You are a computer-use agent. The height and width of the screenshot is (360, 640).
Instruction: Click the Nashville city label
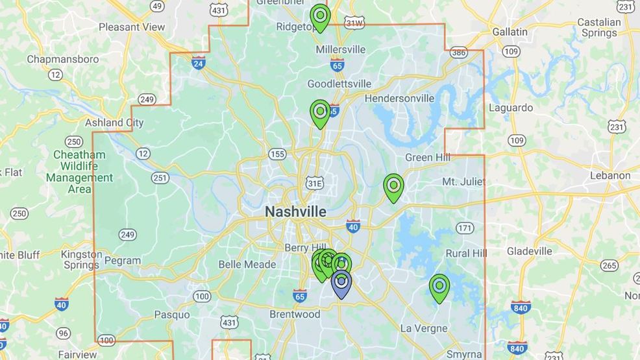(295, 211)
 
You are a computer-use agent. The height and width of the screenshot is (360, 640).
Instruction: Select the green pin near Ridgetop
(320, 17)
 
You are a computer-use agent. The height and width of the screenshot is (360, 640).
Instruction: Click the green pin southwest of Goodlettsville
(320, 113)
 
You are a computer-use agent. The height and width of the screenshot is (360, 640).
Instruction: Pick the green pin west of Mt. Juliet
(393, 187)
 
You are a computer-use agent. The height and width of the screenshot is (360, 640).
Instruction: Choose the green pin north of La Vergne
(439, 287)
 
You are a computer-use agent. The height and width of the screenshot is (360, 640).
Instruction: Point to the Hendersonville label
(399, 98)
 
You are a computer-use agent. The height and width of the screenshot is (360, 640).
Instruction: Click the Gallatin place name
(510, 32)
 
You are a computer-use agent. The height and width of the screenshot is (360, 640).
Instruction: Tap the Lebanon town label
(610, 175)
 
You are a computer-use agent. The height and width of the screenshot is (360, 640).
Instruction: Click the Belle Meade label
(247, 264)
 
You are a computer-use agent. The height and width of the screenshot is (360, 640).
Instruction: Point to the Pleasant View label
(132, 27)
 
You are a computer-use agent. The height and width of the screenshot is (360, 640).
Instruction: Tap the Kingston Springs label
(81, 259)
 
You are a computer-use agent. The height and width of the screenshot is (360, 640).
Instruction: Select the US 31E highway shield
(315, 184)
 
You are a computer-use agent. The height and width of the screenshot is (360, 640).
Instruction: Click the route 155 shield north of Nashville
(278, 154)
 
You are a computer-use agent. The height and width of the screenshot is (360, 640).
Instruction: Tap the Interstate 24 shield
(199, 63)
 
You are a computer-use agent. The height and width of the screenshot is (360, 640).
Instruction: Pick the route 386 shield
(459, 51)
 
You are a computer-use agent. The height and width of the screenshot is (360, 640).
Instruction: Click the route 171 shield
(464, 228)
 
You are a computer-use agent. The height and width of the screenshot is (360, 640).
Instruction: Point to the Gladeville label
(530, 251)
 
